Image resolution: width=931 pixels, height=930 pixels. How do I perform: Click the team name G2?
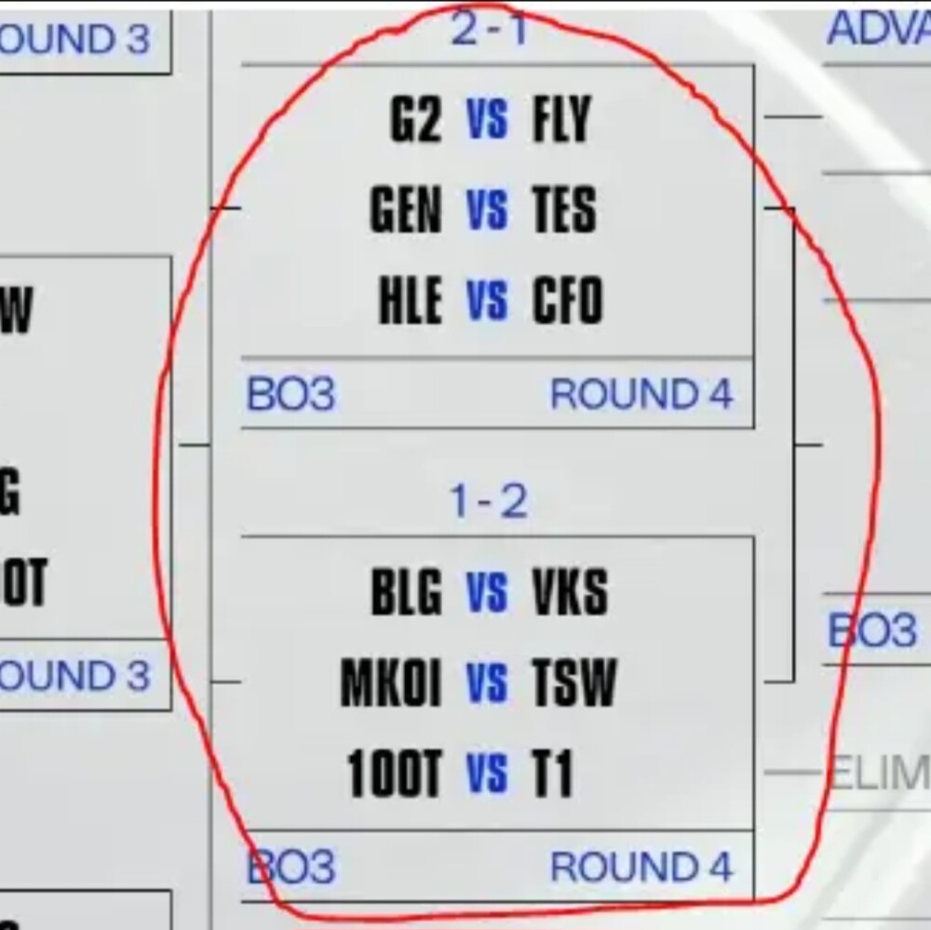pos(415,120)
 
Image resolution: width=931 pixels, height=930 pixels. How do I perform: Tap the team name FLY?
pos(561,120)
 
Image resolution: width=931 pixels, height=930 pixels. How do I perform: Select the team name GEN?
pos(406,210)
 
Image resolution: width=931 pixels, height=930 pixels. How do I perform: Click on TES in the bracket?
pos(564,210)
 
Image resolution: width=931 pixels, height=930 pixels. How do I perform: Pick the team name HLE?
pos(410,302)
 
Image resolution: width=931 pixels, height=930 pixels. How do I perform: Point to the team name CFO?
pos(567,302)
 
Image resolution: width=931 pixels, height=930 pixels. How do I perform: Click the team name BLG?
pos(406,592)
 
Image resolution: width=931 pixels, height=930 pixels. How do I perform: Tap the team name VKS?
pos(570,592)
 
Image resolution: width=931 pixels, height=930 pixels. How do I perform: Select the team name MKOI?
pos(391,683)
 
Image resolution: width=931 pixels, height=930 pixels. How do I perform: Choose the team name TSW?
pos(573,683)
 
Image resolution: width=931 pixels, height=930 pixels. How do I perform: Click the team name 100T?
pos(394,775)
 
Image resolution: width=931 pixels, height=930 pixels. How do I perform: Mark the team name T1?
pos(552,775)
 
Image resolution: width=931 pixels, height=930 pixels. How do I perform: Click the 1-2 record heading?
pos(489,503)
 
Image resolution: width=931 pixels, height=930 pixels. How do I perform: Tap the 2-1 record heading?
pos(489,31)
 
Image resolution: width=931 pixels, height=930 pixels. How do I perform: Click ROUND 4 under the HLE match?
pos(641,395)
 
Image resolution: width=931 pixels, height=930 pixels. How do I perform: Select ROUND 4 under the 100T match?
pos(641,868)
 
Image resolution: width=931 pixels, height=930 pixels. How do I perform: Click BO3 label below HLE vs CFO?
pos(290,395)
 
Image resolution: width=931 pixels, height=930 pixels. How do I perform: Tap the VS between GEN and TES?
pos(487,210)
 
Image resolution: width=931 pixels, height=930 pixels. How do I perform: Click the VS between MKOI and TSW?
pos(487,683)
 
